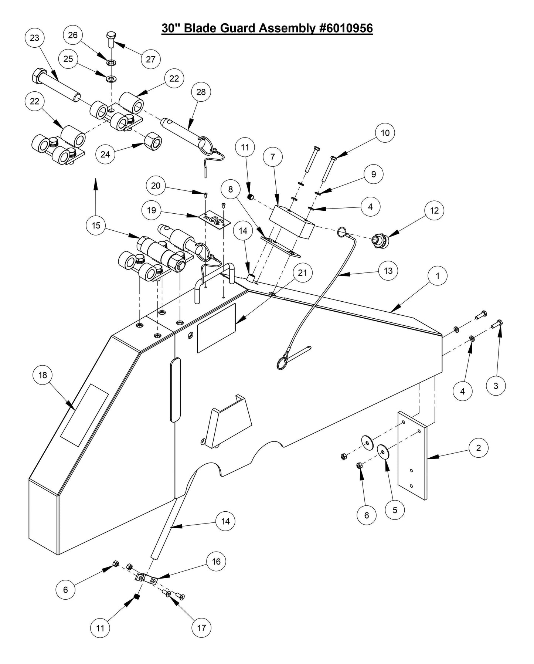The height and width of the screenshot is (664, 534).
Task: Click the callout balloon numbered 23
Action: [x=34, y=38]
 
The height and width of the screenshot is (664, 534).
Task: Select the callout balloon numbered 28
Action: [x=201, y=92]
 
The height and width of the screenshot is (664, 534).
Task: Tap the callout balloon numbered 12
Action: [x=434, y=210]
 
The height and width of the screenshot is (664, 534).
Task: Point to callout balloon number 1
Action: [x=438, y=276]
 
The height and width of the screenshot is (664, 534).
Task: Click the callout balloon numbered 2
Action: [x=479, y=448]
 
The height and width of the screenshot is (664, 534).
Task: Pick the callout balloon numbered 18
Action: [x=43, y=375]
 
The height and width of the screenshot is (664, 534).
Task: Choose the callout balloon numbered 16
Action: [x=216, y=562]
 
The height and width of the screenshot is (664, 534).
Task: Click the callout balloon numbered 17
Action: [x=201, y=627]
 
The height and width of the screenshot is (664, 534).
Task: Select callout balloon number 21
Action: [x=302, y=273]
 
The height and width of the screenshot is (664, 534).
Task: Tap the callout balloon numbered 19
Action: [x=152, y=210]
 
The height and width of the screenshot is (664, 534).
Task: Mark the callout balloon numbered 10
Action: [x=385, y=133]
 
